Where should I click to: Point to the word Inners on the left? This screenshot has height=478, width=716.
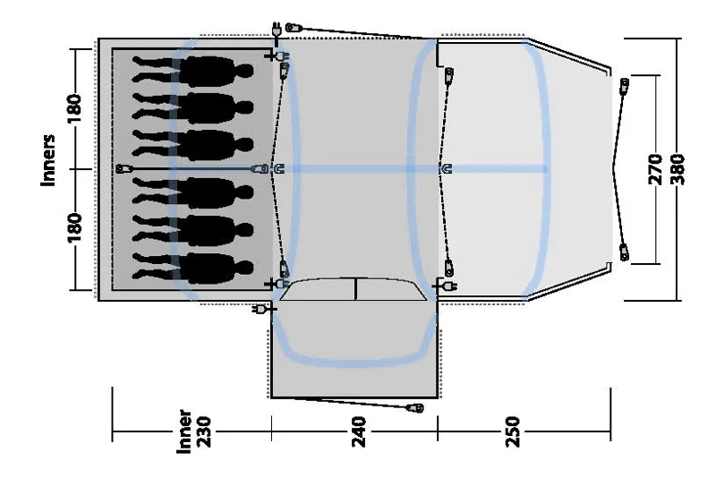[x=50, y=161]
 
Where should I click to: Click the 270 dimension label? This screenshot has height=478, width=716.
[x=654, y=168]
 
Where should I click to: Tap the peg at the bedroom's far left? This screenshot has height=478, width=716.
[x=125, y=168]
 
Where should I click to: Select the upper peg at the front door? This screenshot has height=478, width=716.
[x=624, y=87]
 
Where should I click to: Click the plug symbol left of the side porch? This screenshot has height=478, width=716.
[x=261, y=310]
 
